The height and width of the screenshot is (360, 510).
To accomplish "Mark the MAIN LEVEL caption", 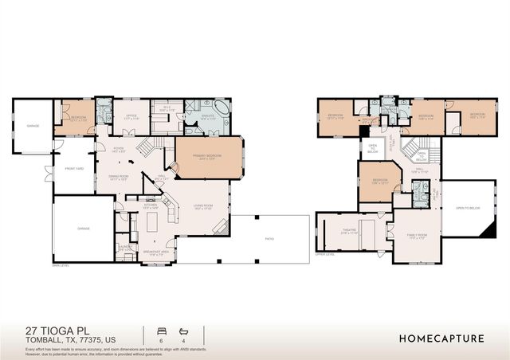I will click(x=61, y=265).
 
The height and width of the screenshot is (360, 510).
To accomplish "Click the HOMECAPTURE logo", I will click(x=441, y=338).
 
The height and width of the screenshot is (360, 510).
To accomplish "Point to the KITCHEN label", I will click(x=151, y=205).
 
